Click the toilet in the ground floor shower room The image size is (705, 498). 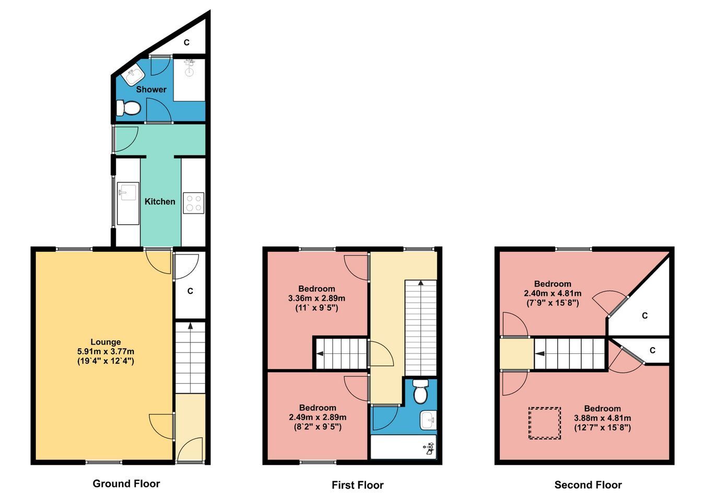pyautogui.click(x=128, y=108)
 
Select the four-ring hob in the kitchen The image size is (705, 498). pyautogui.click(x=194, y=203)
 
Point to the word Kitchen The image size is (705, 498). pyautogui.click(x=160, y=201)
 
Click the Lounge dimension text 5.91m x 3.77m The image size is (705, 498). pyautogui.click(x=105, y=351)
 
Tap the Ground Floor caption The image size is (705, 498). pyautogui.click(x=126, y=483)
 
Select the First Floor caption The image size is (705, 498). pyautogui.click(x=358, y=485)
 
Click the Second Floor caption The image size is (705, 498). pyautogui.click(x=588, y=485)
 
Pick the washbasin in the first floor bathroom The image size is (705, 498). pyautogui.click(x=428, y=420)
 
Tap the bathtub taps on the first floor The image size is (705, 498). pyautogui.click(x=429, y=448)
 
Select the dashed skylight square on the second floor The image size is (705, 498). pyautogui.click(x=545, y=423)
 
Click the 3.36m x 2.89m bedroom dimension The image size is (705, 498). pyautogui.click(x=316, y=298)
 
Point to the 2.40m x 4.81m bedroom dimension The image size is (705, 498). pyautogui.click(x=553, y=293)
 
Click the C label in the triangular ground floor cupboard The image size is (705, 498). pyautogui.click(x=186, y=42)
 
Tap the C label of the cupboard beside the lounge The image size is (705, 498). pyautogui.click(x=190, y=291)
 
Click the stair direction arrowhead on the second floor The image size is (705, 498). pyautogui.click(x=539, y=353)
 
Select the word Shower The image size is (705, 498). pyautogui.click(x=151, y=89)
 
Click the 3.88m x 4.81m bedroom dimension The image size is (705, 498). pyautogui.click(x=603, y=418)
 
